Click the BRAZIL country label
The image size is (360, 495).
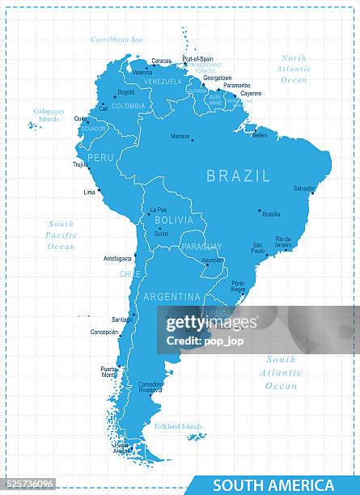pos(238,176)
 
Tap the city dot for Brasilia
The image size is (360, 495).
pos(260,210)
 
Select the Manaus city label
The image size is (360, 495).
pos(180,136)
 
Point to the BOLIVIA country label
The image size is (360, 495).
pos(174,220)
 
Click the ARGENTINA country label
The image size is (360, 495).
pos(172,297)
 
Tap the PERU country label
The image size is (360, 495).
pos(100,158)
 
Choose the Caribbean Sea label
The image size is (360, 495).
pos(116,39)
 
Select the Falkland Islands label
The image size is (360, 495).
pos(180,426)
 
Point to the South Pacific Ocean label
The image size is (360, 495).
pos(61,235)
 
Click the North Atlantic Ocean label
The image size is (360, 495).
pos(294,69)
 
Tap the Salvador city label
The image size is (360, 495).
pos(303,188)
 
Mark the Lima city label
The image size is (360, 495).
pos(89,192)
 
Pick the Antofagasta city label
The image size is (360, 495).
pos(117,259)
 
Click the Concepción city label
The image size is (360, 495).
pos(104,332)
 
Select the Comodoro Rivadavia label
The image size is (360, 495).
pos(150,387)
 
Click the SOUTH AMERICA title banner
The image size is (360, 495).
pos(273,485)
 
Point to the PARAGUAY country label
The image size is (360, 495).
pos(201,246)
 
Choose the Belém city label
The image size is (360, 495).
pos(259,135)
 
